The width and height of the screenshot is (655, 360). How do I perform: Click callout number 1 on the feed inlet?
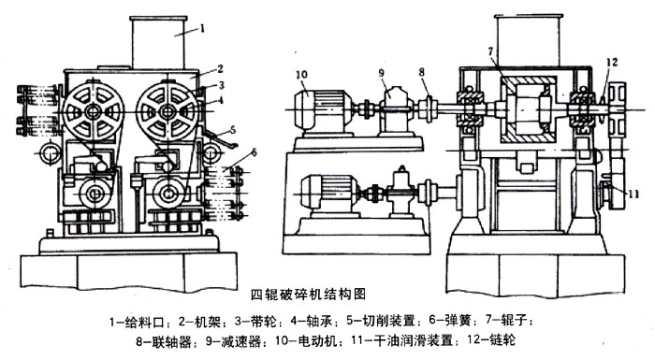tap(202, 28)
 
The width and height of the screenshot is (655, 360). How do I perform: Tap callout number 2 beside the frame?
tap(220, 69)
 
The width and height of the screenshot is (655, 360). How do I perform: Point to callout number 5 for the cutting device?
tap(233, 130)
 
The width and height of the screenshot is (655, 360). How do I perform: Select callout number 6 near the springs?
tap(254, 153)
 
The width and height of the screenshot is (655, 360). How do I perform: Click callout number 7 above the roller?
tap(490, 51)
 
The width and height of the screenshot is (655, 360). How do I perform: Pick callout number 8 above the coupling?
tap(421, 72)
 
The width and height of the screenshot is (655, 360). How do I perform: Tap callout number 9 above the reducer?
tap(382, 73)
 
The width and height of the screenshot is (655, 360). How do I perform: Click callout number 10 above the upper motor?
tap(301, 75)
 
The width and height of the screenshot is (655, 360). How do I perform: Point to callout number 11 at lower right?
tap(633, 194)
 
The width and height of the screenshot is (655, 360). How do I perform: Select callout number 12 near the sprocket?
tap(612, 63)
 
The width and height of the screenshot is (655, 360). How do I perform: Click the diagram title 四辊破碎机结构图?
tap(308, 295)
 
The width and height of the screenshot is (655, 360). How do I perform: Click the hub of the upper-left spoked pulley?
tap(93, 111)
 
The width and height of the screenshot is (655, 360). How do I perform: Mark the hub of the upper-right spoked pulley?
tap(167, 111)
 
